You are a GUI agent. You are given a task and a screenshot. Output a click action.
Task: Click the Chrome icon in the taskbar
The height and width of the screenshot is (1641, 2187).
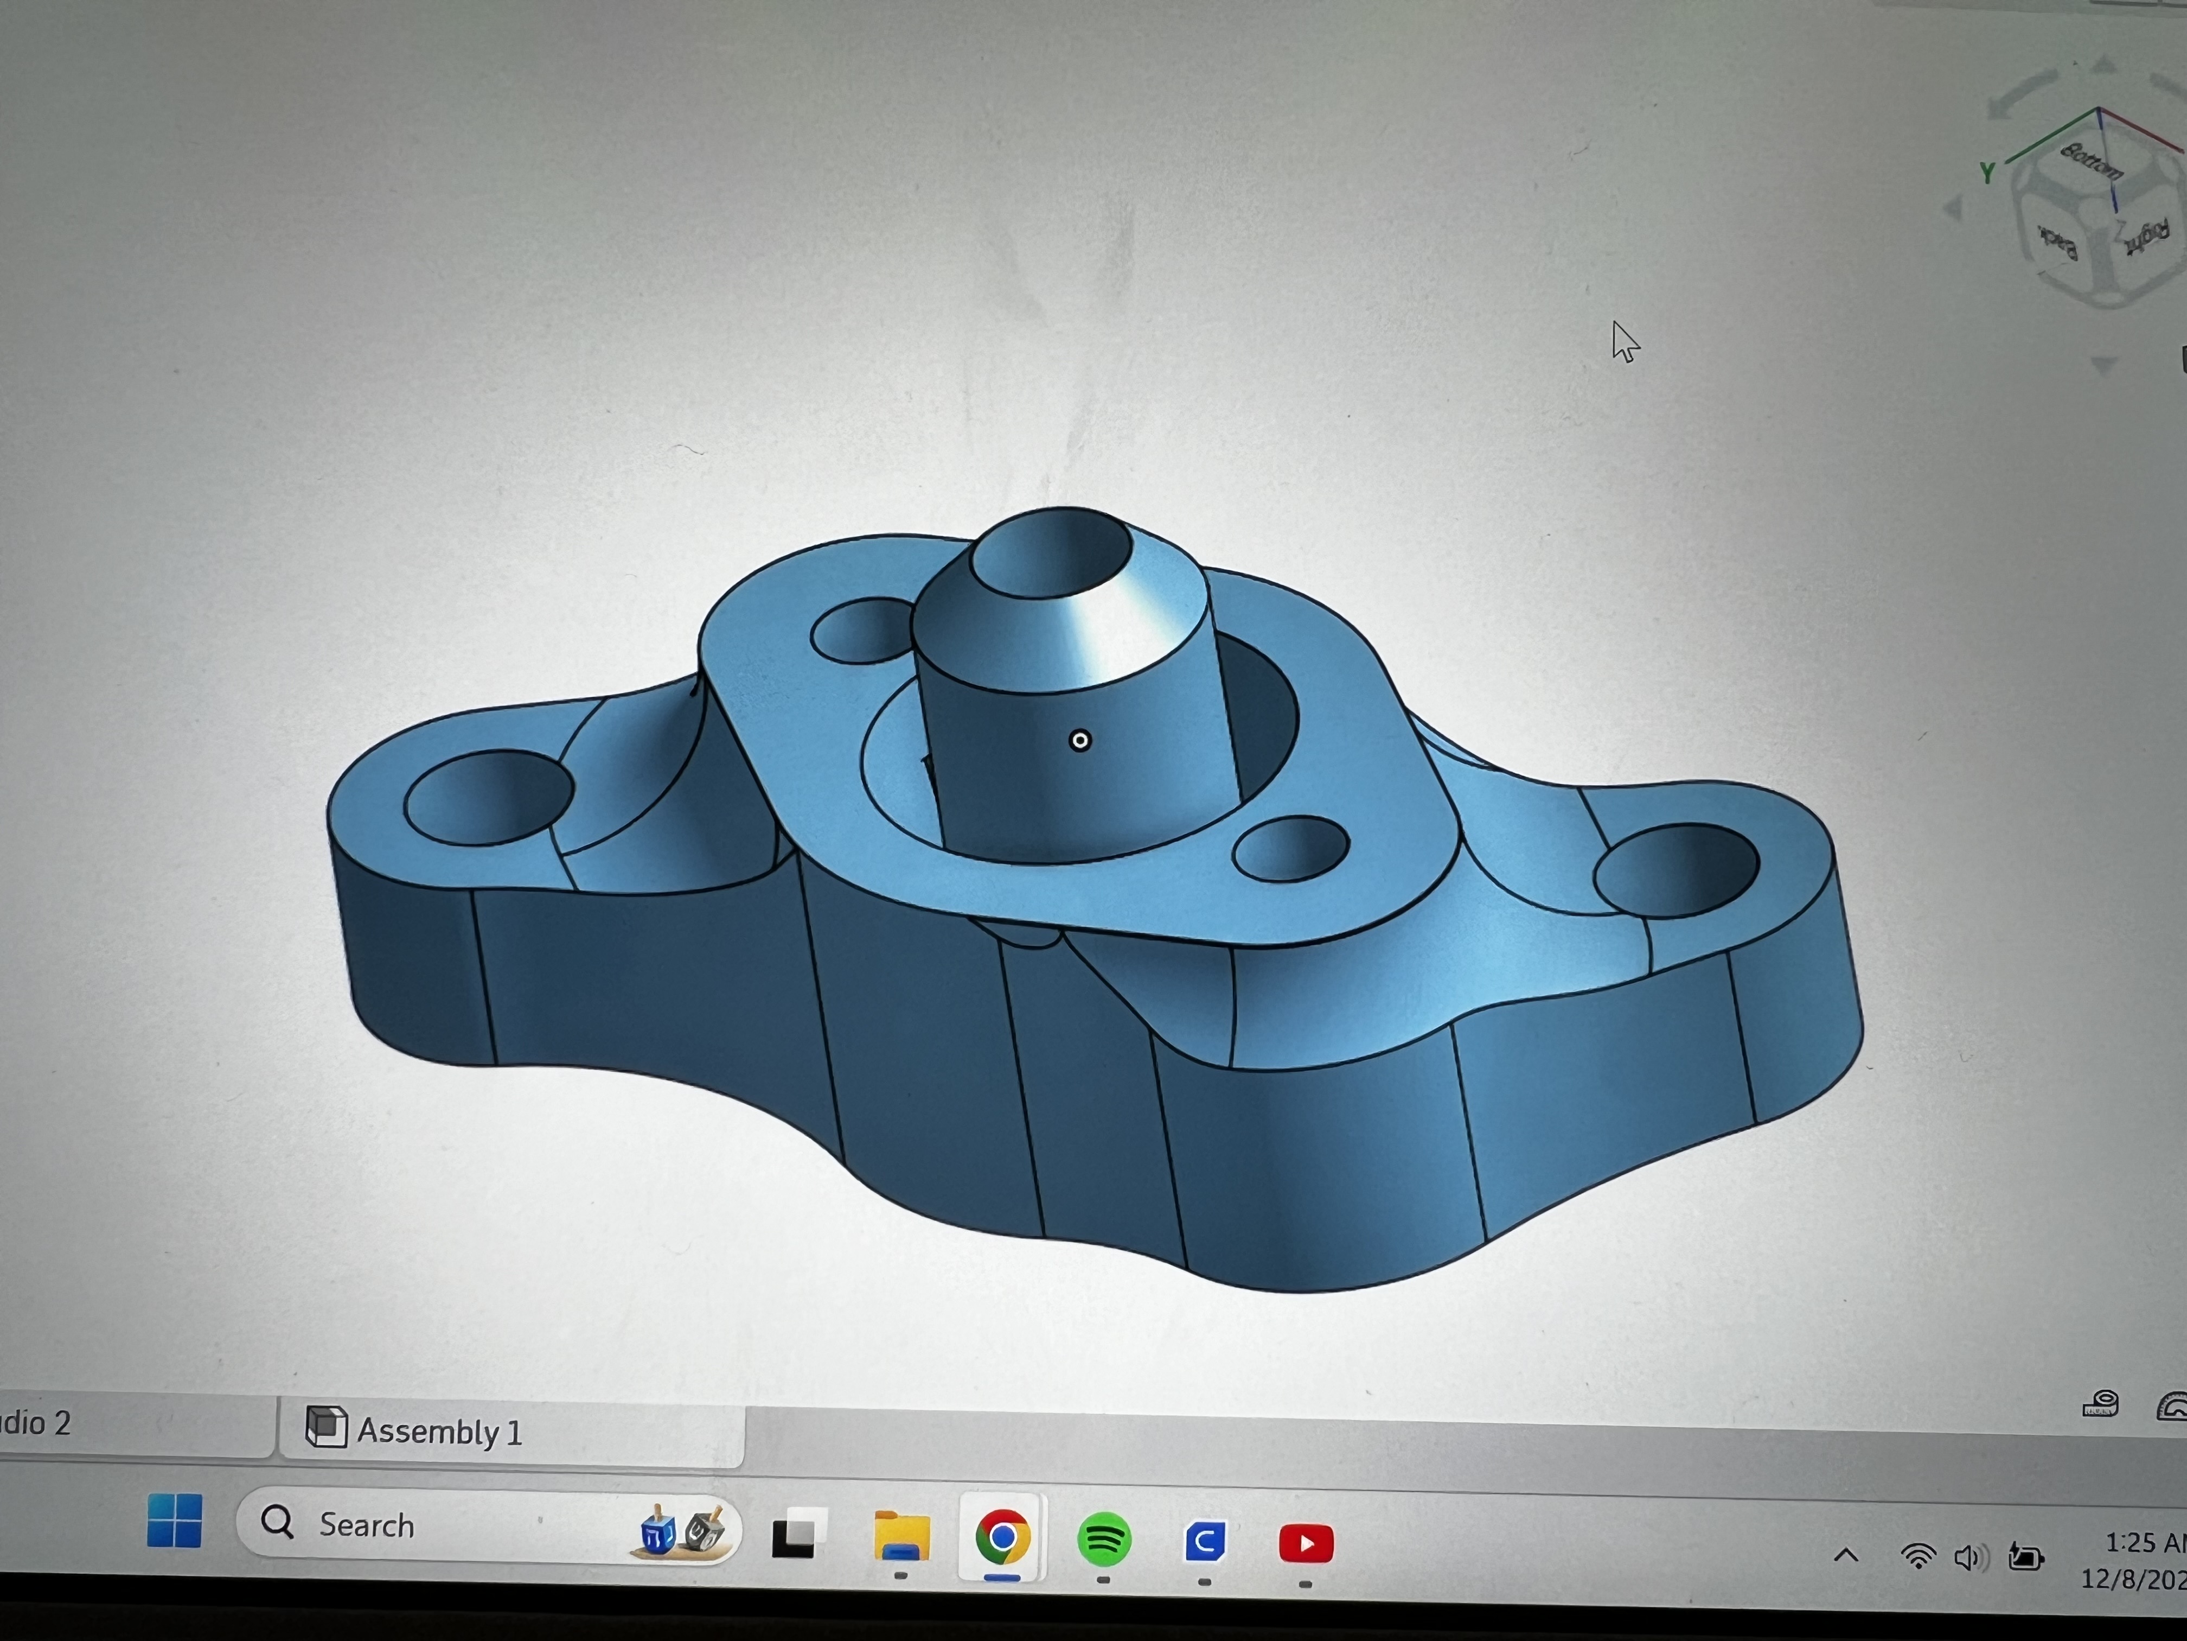1001,1537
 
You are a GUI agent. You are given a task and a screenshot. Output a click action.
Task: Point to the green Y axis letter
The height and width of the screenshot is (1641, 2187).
1986,173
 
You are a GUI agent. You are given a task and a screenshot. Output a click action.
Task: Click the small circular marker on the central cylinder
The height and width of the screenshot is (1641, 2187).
1079,740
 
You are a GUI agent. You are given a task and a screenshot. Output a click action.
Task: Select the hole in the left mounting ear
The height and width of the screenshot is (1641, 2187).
488,797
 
